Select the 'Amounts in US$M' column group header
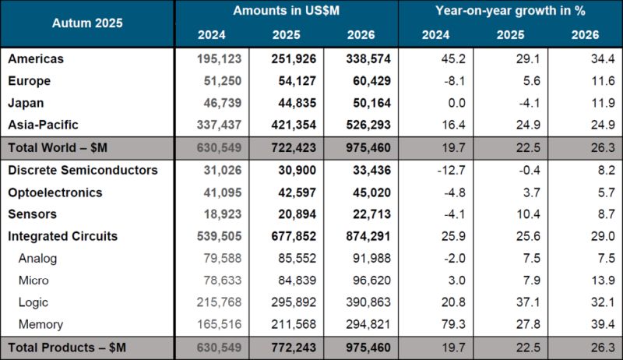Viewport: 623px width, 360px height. click(286, 12)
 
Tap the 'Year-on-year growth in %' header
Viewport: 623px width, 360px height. click(510, 12)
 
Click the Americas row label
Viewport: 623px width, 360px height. click(36, 59)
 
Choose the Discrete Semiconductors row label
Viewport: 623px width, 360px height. click(83, 170)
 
